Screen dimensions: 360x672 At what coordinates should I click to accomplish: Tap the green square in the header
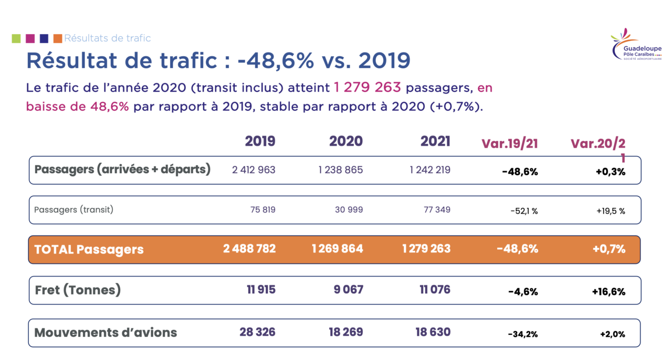[16, 38]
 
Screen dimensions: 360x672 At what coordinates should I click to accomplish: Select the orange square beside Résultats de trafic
[58, 38]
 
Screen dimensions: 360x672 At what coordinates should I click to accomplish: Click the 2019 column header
[260, 141]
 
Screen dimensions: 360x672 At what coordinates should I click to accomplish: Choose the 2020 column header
[346, 141]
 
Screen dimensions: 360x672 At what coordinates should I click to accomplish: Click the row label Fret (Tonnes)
[78, 290]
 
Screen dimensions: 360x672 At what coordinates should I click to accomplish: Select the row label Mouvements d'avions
[106, 332]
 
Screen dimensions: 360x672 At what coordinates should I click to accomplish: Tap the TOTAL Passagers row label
[89, 249]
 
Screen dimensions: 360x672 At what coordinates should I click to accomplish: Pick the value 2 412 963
[254, 170]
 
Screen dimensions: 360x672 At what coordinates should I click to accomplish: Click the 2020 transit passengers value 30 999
[349, 210]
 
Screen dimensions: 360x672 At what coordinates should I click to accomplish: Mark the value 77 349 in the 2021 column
[437, 210]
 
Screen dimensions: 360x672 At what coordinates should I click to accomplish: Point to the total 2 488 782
[249, 249]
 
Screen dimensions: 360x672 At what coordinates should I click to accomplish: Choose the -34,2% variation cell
[523, 334]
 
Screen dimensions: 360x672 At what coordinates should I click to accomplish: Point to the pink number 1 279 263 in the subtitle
[368, 88]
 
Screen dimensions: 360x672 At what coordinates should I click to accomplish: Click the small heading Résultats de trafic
[108, 38]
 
